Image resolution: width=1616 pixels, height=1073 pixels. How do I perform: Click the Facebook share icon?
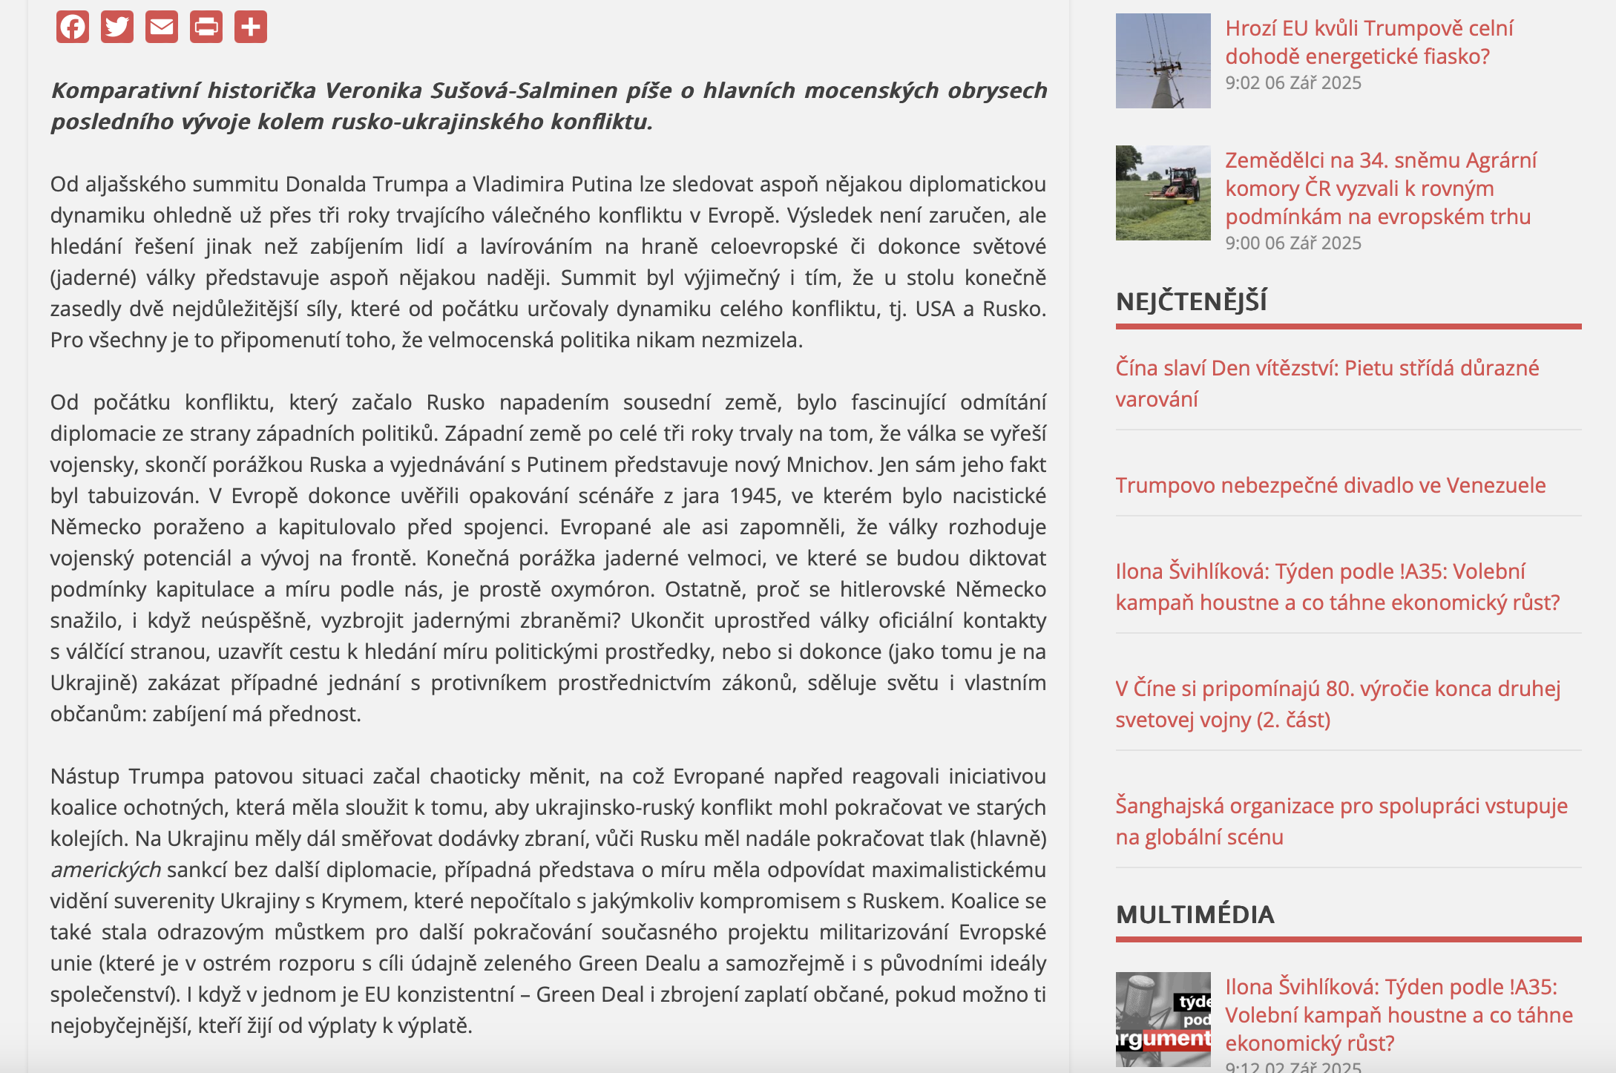click(x=73, y=27)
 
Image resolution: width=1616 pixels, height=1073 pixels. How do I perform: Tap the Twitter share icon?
click(x=117, y=27)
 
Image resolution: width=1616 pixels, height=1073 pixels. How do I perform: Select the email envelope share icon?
click(x=162, y=27)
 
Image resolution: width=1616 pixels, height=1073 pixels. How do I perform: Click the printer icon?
click(x=206, y=27)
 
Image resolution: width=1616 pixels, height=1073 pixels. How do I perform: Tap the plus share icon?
click(x=251, y=27)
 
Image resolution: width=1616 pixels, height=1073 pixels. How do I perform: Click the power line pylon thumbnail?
click(x=1163, y=61)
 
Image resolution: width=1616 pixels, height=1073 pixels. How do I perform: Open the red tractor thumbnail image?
click(x=1163, y=193)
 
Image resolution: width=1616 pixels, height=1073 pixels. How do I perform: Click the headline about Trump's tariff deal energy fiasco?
click(x=1369, y=42)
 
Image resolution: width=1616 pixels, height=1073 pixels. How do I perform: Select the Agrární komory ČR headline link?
click(x=1380, y=188)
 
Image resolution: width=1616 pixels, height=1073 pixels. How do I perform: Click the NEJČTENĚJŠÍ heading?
click(x=1192, y=301)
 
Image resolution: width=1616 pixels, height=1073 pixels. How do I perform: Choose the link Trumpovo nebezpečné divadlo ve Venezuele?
click(x=1330, y=485)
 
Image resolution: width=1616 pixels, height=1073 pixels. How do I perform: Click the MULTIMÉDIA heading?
click(x=1195, y=914)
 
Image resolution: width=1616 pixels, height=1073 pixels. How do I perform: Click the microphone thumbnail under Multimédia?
click(x=1163, y=1020)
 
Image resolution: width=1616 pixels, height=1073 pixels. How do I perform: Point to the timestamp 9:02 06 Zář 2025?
click(x=1293, y=82)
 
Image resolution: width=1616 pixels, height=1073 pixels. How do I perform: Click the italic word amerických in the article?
click(x=105, y=870)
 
